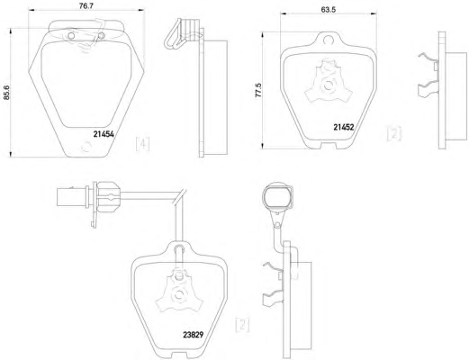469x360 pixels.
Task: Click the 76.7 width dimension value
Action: click(86, 5)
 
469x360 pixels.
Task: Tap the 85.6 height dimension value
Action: click(6, 92)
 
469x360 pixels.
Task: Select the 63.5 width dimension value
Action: click(329, 9)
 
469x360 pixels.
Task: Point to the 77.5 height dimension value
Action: click(258, 90)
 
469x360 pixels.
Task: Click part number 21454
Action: click(104, 134)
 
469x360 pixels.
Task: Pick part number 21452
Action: click(344, 127)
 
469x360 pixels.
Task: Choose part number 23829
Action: click(194, 335)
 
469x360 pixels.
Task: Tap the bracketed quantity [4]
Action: click(142, 144)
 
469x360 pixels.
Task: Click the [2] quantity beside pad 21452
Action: click(393, 134)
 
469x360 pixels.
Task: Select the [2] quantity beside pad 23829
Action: click(242, 325)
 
